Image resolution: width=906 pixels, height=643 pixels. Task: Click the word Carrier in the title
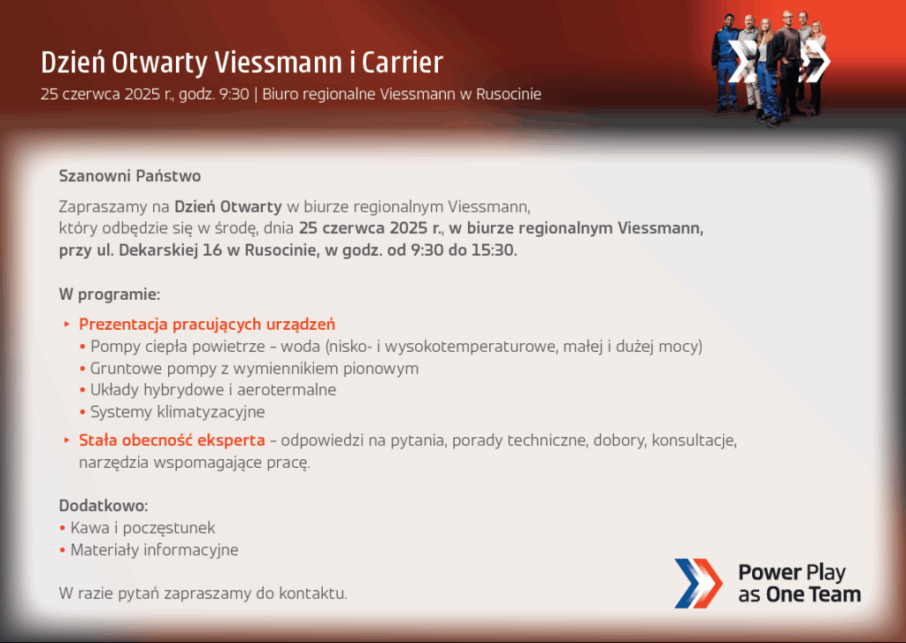403,63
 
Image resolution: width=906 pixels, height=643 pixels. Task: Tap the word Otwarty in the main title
158,64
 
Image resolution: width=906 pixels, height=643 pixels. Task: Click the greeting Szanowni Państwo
130,176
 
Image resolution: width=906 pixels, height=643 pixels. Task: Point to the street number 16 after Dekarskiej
212,250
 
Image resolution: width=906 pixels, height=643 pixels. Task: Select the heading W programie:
109,295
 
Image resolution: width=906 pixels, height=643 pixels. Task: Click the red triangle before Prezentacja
67,325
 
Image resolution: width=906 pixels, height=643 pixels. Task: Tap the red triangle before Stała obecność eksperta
67,440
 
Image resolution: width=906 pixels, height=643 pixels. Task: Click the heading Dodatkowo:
104,506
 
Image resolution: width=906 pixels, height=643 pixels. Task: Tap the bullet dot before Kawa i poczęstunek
63,528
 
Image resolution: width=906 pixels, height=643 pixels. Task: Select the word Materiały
104,549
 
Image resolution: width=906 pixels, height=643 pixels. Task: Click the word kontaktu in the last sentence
312,593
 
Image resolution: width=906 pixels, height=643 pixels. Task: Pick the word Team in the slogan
835,594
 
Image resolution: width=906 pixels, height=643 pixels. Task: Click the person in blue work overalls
726,63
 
